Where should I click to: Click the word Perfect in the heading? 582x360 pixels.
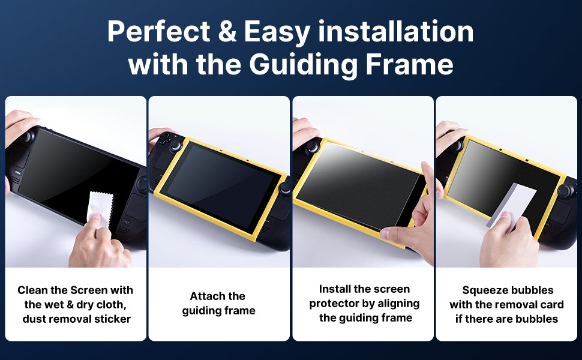[157, 32]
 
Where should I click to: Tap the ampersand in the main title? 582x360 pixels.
[228, 32]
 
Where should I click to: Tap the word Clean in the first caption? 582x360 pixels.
[32, 290]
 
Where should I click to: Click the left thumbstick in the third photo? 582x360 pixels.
[313, 145]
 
